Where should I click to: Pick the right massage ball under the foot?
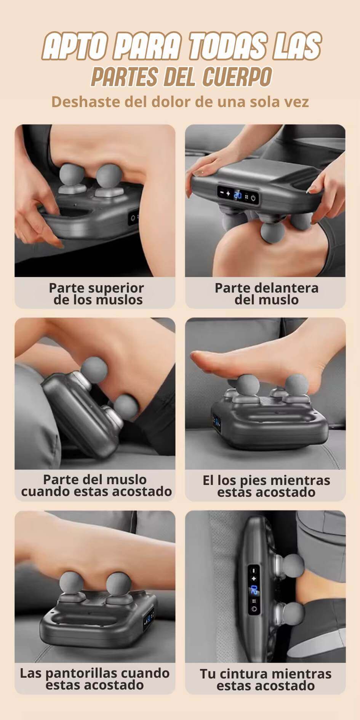296,386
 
